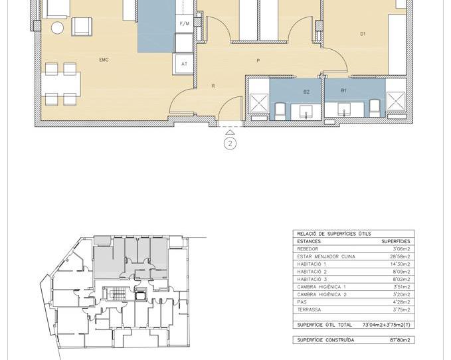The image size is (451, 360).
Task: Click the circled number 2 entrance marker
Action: coord(230,143)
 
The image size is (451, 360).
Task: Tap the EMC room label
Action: coord(104,60)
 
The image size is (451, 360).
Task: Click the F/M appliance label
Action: coord(184,24)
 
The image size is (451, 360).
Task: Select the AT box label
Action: coord(184,64)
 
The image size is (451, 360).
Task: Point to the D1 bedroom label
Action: coord(363,34)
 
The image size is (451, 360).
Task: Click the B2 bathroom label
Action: coord(306,91)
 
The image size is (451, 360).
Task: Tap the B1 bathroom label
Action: coord(343,90)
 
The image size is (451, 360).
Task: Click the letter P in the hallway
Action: coord(258,61)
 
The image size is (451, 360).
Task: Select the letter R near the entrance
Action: coord(213,86)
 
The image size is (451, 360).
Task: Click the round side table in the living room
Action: coord(58,28)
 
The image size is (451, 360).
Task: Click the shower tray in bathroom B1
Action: coord(396,101)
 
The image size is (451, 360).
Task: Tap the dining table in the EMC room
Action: coord(60,84)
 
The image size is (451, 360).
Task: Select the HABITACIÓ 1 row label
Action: coord(312,264)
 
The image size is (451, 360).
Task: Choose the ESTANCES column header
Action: coord(309,242)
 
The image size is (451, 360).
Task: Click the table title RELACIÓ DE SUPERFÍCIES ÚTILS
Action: coord(334,234)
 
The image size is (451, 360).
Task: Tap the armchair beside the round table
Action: coord(81,26)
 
